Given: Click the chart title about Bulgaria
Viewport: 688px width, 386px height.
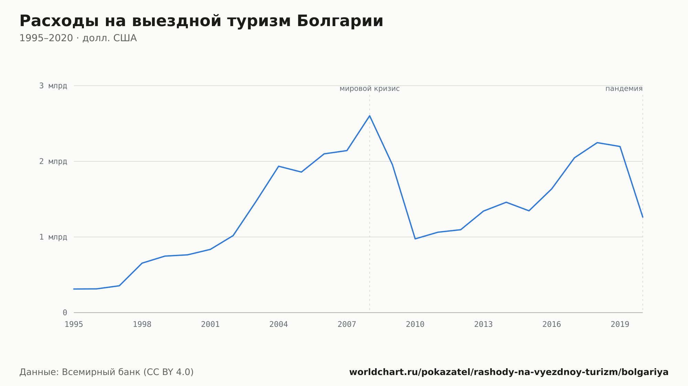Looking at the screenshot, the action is pos(201,21).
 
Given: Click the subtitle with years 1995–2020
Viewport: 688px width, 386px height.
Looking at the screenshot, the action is pos(78,38).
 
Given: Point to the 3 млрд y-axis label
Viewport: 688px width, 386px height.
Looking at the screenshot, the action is pos(53,86).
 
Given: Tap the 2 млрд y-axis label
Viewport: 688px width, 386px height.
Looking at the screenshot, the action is pos(53,161).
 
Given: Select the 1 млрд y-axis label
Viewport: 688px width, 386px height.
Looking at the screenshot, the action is pos(53,237).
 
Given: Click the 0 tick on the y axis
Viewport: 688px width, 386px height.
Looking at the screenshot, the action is pos(65,313).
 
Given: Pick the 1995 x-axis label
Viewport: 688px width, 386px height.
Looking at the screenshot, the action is pos(74,325).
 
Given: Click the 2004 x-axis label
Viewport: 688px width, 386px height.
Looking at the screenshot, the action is pos(279,325).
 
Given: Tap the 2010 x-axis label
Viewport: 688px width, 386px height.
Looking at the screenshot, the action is pos(415,325).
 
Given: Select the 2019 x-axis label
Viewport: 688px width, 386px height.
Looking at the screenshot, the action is pos(620,325).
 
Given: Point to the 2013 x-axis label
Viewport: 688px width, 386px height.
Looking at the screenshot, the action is pos(483,325).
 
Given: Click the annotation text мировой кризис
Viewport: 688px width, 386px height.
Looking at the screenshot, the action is pos(369,89).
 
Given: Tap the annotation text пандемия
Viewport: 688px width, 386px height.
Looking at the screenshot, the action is pos(624,89).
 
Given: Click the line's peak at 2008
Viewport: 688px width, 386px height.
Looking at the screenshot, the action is pos(369,116).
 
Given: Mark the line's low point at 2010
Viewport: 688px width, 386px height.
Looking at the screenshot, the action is pos(415,239).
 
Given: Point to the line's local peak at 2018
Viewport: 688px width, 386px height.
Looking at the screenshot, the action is pos(597,143).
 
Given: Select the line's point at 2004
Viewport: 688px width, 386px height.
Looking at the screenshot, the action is pos(279,166).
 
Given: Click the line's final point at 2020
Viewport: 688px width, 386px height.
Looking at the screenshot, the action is pos(642,217).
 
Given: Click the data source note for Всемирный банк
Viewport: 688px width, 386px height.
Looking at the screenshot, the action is pos(107,372).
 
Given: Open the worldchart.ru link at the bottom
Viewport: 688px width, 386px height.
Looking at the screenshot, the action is pos(509,372).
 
